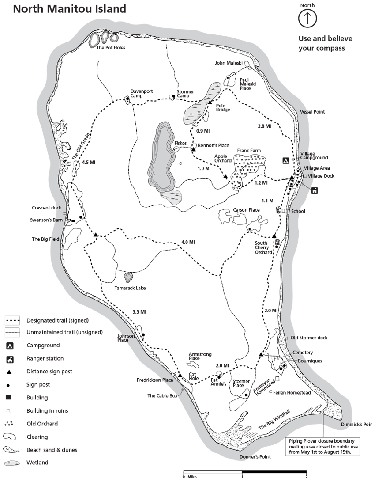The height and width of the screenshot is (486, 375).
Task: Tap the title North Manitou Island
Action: point(69,8)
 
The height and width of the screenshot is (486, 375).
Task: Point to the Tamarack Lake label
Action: point(130,288)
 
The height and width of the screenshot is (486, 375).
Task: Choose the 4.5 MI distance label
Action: point(88,163)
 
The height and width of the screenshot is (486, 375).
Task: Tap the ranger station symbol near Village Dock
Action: point(315,190)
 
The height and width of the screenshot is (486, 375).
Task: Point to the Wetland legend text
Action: point(37,463)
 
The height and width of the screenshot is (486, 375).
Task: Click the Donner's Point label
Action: point(255,457)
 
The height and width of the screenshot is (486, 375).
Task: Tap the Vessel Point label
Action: point(312,112)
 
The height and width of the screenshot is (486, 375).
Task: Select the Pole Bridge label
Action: point(223,108)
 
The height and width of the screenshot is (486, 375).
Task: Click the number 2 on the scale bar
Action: point(306,477)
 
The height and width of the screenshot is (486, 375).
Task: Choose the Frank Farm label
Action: point(249,151)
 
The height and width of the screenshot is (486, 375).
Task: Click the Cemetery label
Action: point(303,353)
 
